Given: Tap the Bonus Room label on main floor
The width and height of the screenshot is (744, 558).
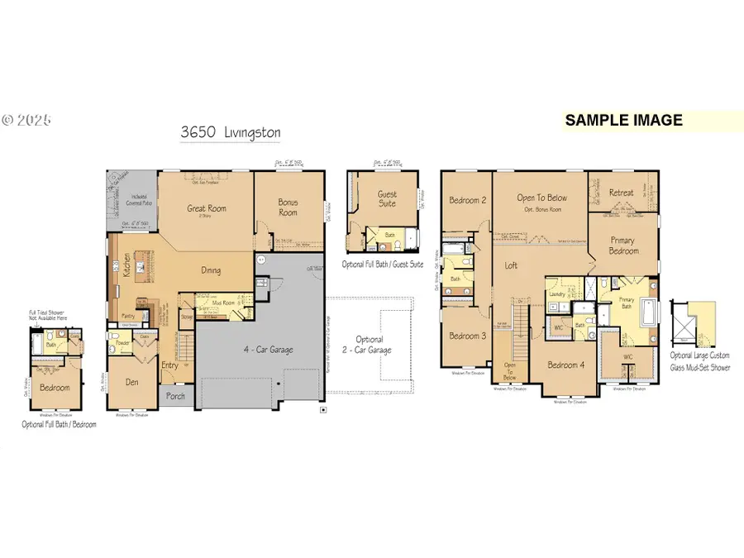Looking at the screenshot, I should coord(289,207).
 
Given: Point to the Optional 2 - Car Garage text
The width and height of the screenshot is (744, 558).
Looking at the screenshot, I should coord(370,345).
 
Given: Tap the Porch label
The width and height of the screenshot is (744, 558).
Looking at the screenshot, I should coord(176,395).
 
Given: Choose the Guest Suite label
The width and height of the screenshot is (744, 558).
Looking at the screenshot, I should coord(388,199).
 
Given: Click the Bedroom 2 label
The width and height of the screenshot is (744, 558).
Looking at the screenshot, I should coord(466,200).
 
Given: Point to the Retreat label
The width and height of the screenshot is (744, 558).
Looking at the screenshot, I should coord(622,193).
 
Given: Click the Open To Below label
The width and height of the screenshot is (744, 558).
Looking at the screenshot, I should coord(541,198).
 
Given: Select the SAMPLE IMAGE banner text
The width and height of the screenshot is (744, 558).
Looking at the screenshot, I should coord(624,120).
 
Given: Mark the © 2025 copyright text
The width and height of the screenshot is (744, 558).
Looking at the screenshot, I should coord(26,120).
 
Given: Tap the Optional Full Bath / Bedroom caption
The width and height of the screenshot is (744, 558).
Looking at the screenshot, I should coord(59,424).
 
